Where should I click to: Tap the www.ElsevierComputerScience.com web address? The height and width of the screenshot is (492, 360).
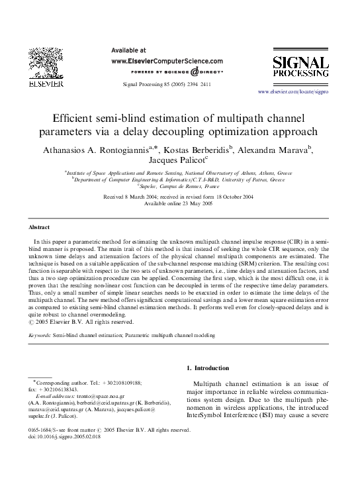(167, 60)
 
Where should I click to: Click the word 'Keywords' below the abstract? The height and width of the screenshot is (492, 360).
(40, 336)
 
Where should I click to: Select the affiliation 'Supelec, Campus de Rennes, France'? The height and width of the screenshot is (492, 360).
(179, 186)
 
